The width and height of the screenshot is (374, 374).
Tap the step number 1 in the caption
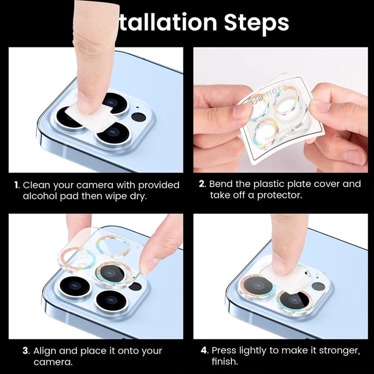coord(16,185)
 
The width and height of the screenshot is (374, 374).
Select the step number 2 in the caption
coord(202,184)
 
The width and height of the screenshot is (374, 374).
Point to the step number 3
coord(25,351)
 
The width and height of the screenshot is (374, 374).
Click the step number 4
coord(204,351)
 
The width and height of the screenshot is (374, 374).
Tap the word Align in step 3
coord(48,351)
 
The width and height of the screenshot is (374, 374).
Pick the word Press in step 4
coord(225,351)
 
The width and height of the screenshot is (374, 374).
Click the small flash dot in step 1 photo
coord(138,118)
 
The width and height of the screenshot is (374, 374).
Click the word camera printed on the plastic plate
coord(264,98)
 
